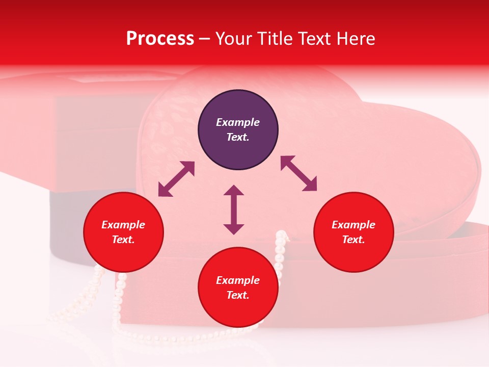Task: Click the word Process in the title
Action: click(160, 39)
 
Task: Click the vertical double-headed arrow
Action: click(234, 209)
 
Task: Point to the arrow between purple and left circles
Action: click(176, 179)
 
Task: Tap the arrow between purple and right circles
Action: click(298, 173)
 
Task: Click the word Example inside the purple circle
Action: click(238, 122)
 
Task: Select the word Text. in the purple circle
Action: click(238, 137)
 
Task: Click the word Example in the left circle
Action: click(123, 225)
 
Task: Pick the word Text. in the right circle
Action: click(354, 240)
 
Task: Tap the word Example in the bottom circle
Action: click(238, 280)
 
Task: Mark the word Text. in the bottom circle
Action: click(238, 295)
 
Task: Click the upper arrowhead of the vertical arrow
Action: click(234, 191)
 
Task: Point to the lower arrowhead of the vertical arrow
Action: click(234, 229)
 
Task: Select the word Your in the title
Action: click(233, 39)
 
